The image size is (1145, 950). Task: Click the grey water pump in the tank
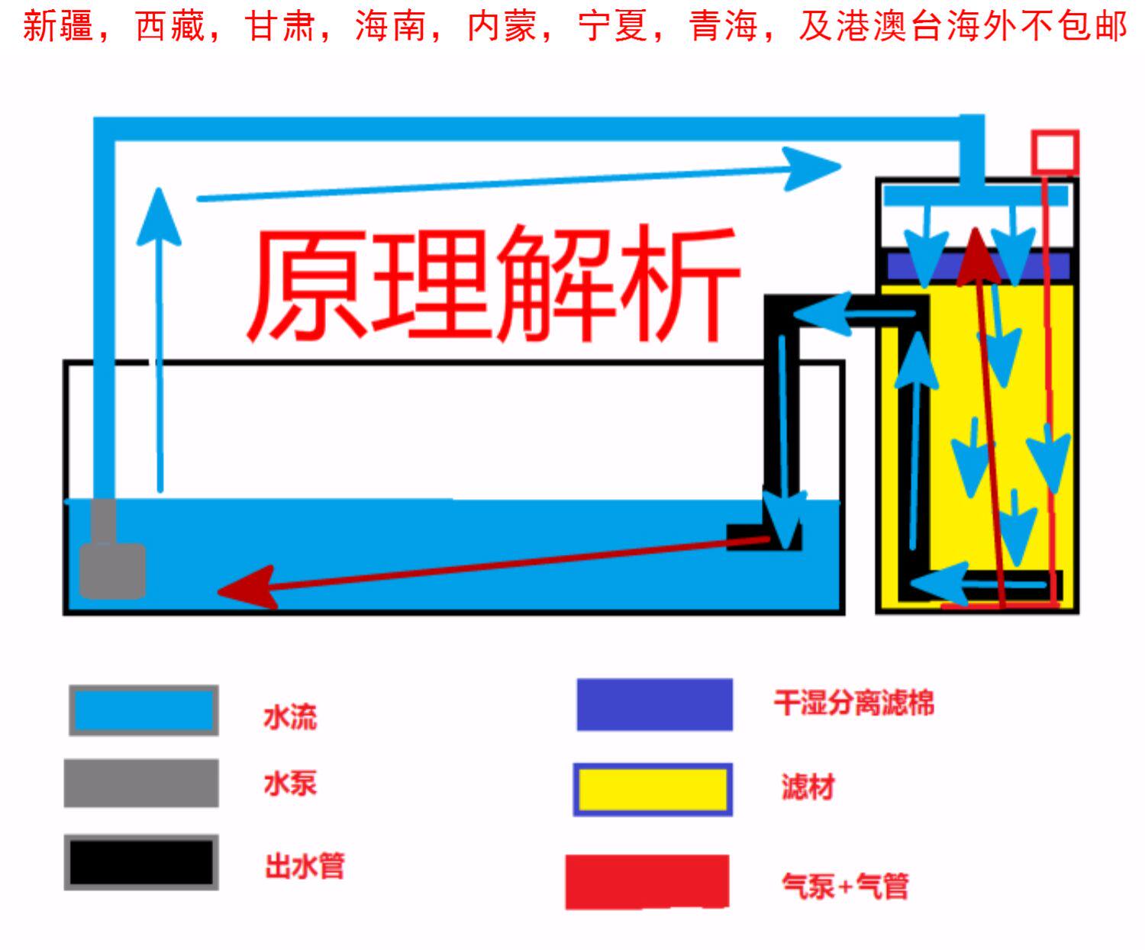click(x=112, y=568)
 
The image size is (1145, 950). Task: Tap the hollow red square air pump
click(x=1055, y=152)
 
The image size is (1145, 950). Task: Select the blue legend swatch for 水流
click(x=144, y=710)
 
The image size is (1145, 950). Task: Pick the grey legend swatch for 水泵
click(x=141, y=783)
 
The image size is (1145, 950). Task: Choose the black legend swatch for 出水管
click(x=141, y=862)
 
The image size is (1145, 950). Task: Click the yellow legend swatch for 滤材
click(x=653, y=790)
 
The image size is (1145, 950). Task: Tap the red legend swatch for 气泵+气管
click(x=647, y=882)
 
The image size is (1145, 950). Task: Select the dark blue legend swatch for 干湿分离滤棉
click(x=654, y=704)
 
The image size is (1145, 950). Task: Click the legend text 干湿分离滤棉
click(x=854, y=703)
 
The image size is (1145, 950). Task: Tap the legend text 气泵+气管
click(x=844, y=886)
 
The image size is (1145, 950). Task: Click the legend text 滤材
click(x=808, y=787)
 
